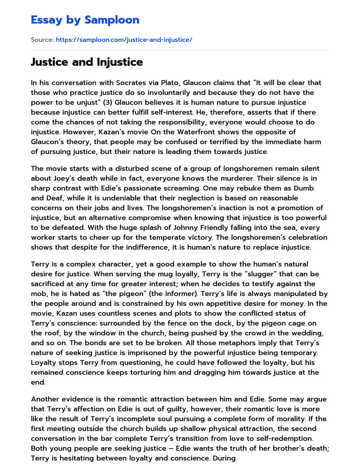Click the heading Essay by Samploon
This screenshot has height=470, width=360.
point(85,20)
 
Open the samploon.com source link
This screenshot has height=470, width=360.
point(124,40)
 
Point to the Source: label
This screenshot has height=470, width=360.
point(42,40)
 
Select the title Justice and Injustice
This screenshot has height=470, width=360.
point(87,62)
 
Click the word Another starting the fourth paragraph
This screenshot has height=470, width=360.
point(45,399)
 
